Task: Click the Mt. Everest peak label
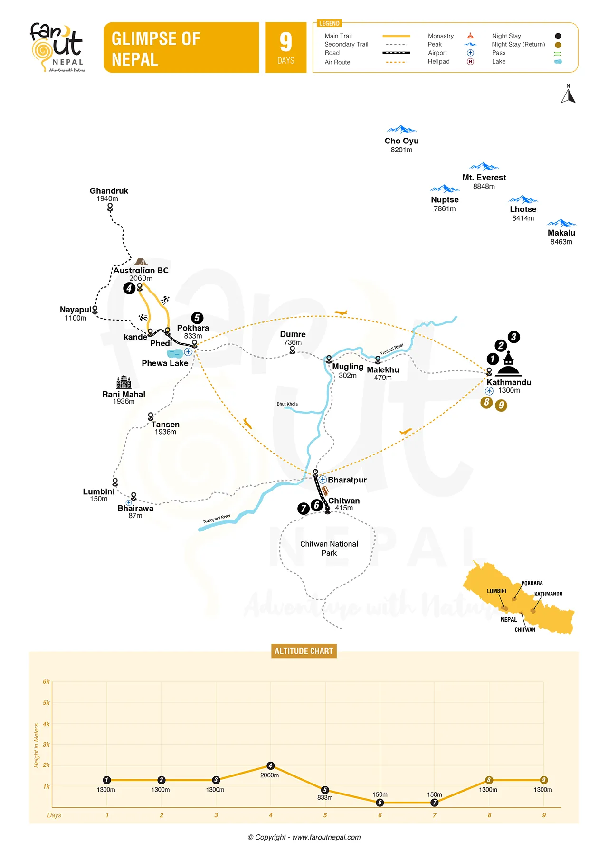pyautogui.click(x=484, y=178)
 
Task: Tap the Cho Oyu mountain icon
pyautogui.click(x=401, y=129)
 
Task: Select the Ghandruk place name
pyautogui.click(x=109, y=191)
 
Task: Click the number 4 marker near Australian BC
pyautogui.click(x=129, y=288)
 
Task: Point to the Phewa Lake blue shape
pyautogui.click(x=175, y=353)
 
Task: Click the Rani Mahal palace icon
pyautogui.click(x=123, y=382)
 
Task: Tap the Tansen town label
pyautogui.click(x=165, y=425)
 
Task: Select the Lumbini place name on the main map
pyautogui.click(x=99, y=491)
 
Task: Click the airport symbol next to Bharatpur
pyautogui.click(x=323, y=480)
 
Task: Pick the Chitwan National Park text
pyautogui.click(x=329, y=548)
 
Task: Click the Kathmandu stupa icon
pyautogui.click(x=508, y=365)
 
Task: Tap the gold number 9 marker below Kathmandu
pyautogui.click(x=501, y=406)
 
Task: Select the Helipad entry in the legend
pyautogui.click(x=438, y=62)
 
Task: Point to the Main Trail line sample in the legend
pyautogui.click(x=396, y=36)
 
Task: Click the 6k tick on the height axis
pyautogui.click(x=46, y=682)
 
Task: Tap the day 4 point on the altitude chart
pyautogui.click(x=270, y=765)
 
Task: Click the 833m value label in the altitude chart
pyautogui.click(x=325, y=798)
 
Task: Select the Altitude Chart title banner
pyautogui.click(x=304, y=651)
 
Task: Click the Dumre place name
pyautogui.click(x=293, y=334)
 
